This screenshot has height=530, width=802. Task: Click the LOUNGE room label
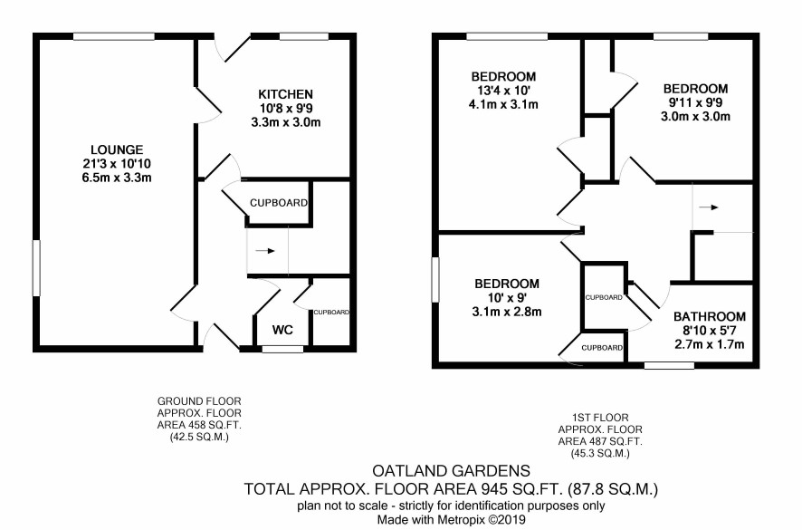(117, 150)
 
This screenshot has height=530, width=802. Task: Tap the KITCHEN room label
(285, 94)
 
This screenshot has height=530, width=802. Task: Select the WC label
(282, 330)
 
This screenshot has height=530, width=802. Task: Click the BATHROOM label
(710, 316)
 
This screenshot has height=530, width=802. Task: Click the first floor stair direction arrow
(709, 207)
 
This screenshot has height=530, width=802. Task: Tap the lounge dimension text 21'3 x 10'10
(117, 164)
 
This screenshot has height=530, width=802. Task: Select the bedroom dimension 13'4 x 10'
(503, 91)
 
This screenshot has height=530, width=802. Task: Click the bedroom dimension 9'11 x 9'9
(695, 102)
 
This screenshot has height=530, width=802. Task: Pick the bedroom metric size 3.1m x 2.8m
(507, 312)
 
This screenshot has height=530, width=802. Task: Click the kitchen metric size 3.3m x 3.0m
(285, 122)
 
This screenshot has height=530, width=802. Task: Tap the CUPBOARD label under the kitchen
(279, 203)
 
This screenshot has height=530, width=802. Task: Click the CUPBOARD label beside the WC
(331, 312)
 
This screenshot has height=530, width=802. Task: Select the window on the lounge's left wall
(36, 268)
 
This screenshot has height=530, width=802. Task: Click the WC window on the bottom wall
(282, 349)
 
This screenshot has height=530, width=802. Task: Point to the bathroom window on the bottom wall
(669, 366)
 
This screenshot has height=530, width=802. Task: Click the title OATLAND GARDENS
(451, 470)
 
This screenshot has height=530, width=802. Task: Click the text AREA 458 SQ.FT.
(199, 425)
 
